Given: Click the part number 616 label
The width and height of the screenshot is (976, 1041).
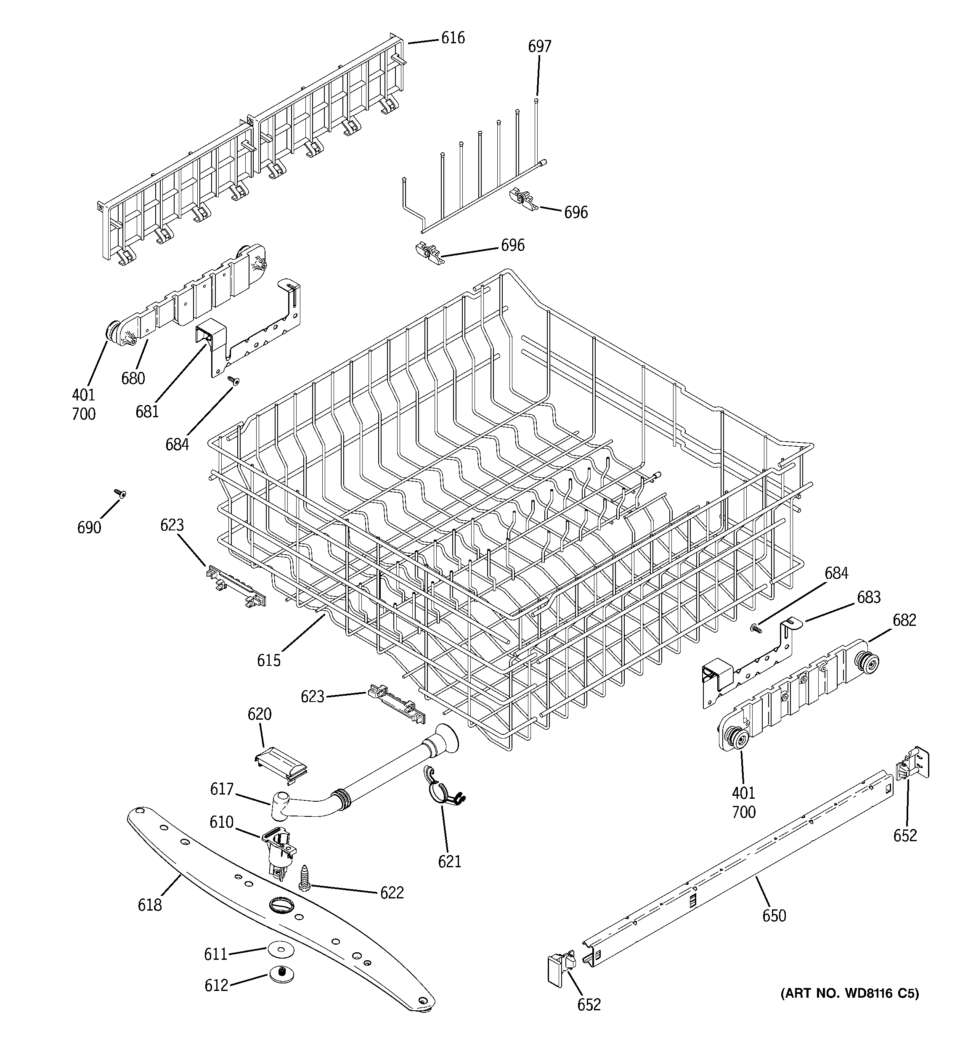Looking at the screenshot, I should pyautogui.click(x=453, y=38).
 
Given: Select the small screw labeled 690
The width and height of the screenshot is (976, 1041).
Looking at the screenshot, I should pyautogui.click(x=120, y=493).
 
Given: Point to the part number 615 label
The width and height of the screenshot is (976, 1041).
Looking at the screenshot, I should pyautogui.click(x=269, y=660).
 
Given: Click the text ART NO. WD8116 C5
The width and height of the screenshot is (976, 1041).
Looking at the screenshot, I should pyautogui.click(x=849, y=993).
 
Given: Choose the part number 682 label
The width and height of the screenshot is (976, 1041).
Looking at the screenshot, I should pyautogui.click(x=904, y=620).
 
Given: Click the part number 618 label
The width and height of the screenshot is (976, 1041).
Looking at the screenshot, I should pyautogui.click(x=150, y=904).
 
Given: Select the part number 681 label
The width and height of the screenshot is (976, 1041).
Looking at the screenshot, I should pyautogui.click(x=147, y=412).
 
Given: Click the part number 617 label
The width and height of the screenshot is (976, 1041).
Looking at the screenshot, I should pyautogui.click(x=222, y=789).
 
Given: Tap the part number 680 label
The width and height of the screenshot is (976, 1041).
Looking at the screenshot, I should pyautogui.click(x=133, y=378).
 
